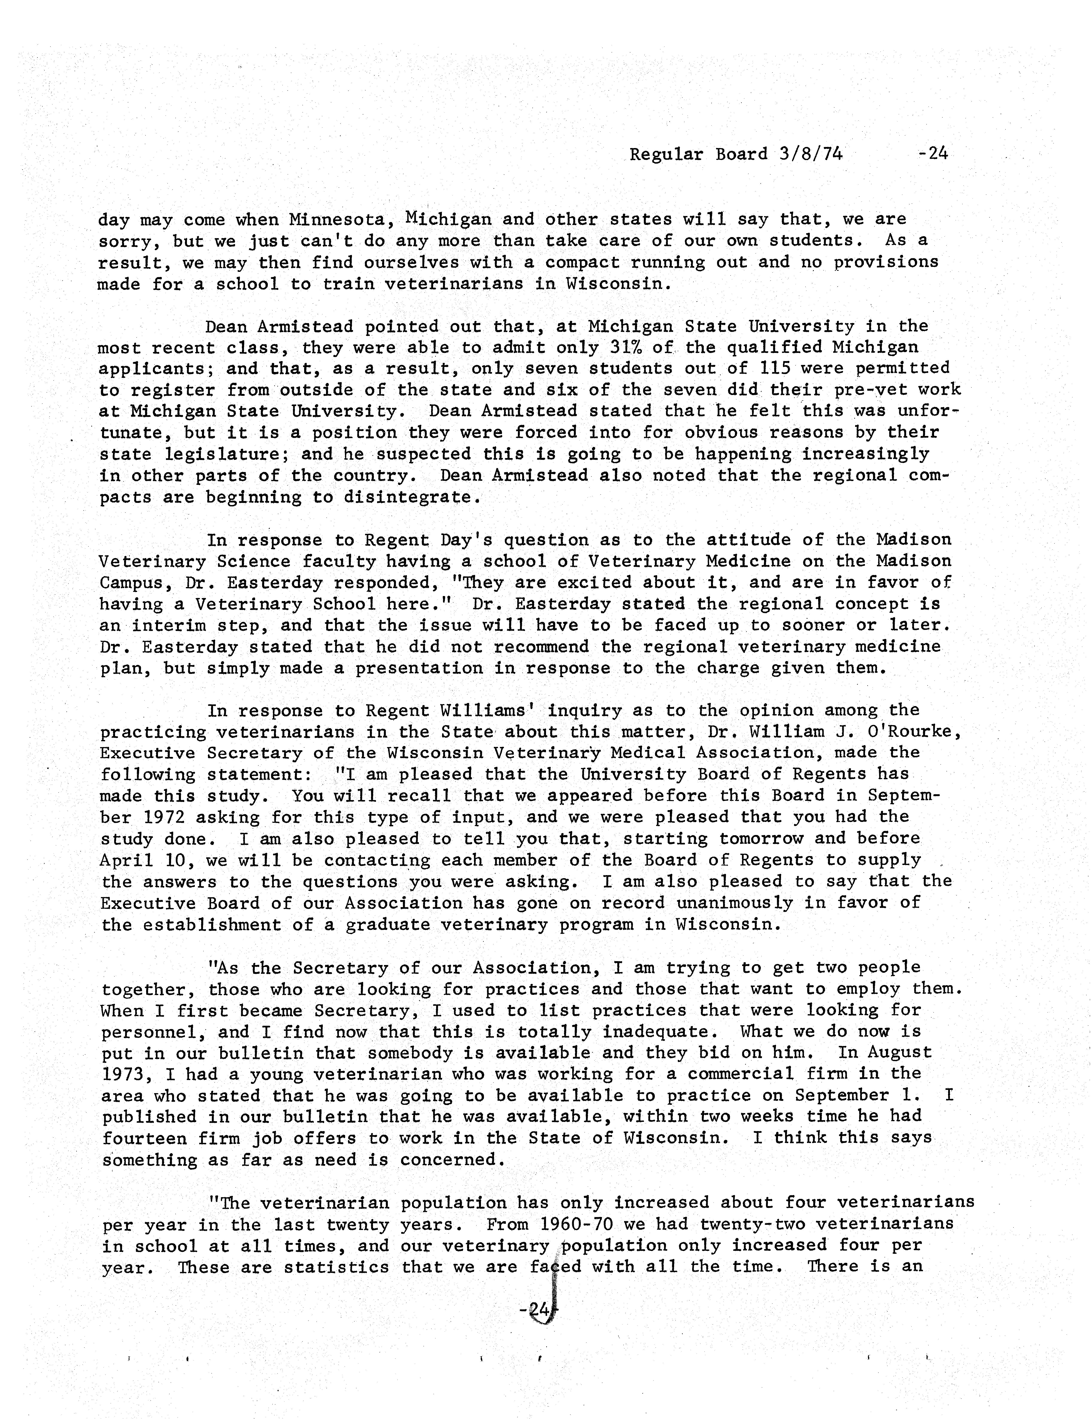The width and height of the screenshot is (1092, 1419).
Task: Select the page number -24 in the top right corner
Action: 933,153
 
